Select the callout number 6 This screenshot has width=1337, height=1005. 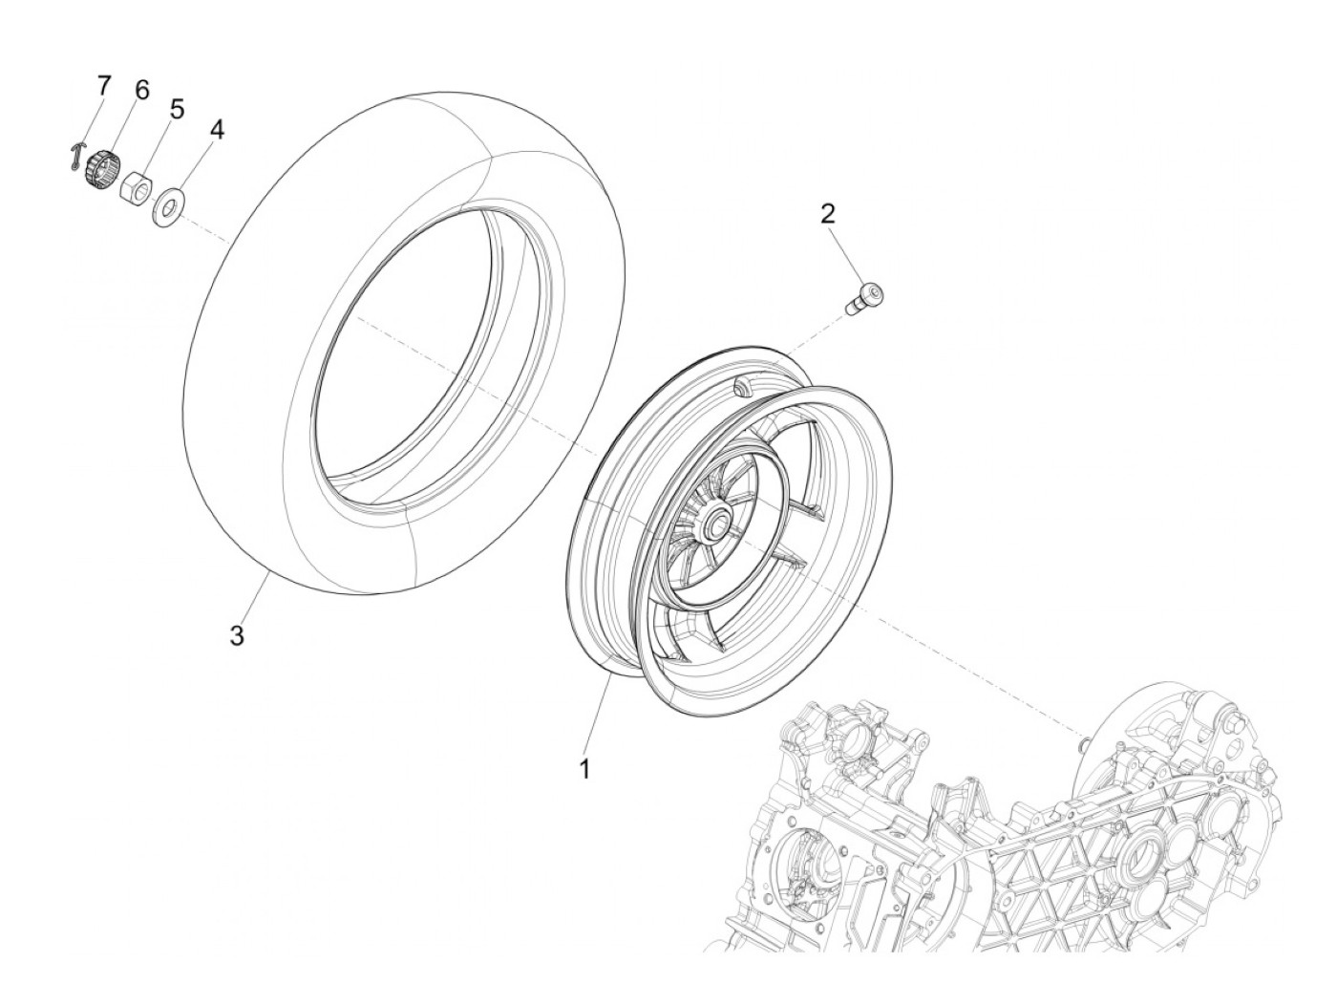[140, 91]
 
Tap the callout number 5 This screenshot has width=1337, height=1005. [177, 109]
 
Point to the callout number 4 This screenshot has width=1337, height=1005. [217, 129]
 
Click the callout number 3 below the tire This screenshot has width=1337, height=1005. [236, 635]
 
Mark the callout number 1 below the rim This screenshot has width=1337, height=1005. [584, 767]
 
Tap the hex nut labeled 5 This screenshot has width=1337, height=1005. [135, 183]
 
